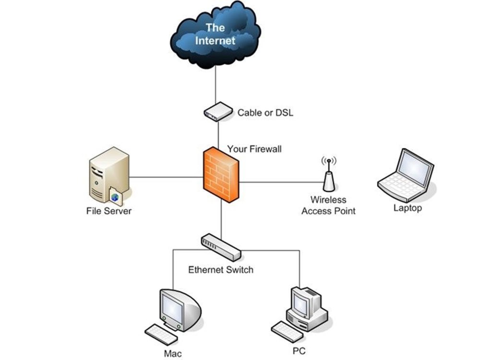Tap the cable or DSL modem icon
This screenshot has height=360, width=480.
(x=218, y=112)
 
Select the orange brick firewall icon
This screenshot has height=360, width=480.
(x=221, y=175)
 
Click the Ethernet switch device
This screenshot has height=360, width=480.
(x=221, y=247)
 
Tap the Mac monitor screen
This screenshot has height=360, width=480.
(x=172, y=307)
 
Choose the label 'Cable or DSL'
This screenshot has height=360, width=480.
(x=265, y=113)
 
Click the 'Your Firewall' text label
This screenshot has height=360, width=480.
(x=254, y=149)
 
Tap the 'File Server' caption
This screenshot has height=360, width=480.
(x=109, y=211)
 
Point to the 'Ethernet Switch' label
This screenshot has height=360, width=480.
(x=221, y=270)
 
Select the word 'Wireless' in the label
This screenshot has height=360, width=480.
(x=328, y=200)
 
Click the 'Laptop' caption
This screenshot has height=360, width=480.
(x=408, y=208)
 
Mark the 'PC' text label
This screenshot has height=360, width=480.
(x=299, y=351)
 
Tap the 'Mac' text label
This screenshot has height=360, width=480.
(x=173, y=354)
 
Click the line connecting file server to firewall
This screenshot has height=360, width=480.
(x=167, y=177)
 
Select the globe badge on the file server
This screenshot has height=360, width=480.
(x=115, y=197)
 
